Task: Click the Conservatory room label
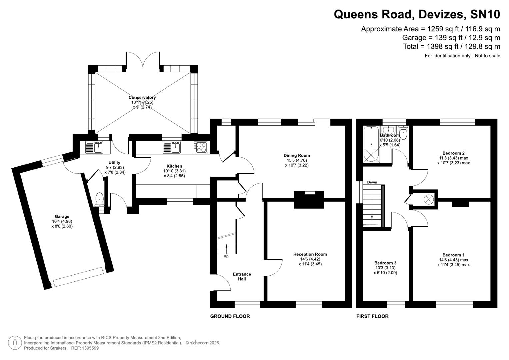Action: pos(142,97)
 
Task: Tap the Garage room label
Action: pos(62,216)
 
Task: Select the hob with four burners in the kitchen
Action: pos(201,147)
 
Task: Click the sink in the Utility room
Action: pos(94,147)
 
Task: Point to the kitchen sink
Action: pos(172,147)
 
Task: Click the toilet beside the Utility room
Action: pos(99,199)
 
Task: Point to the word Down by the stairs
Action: pos(372,182)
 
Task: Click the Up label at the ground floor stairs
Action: pos(226,256)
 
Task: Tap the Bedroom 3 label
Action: pos(385,263)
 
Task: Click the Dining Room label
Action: pos(297,155)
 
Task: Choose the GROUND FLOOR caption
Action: pos(230,316)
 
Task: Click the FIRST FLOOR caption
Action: pos(372,316)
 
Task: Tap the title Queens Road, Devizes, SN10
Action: pos(417,14)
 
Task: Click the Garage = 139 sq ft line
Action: pos(451,38)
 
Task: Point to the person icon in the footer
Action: pos(15,343)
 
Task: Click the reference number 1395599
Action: pos(90,348)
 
